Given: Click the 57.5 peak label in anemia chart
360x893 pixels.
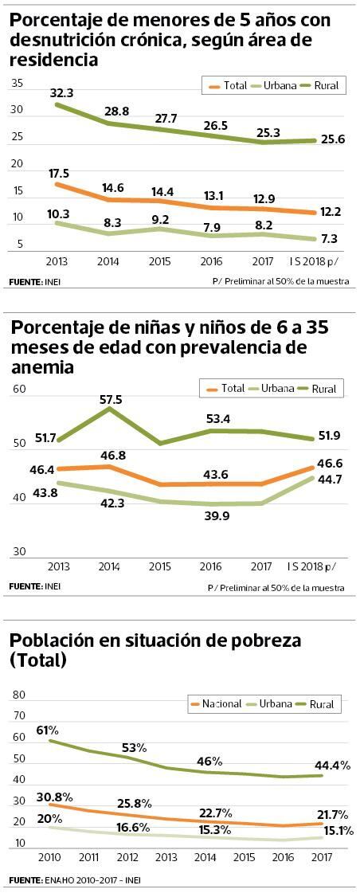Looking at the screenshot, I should point(110,398).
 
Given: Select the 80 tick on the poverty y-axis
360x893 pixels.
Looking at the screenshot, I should point(19,695).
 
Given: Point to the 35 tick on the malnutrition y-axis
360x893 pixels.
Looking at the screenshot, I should point(18,84).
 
